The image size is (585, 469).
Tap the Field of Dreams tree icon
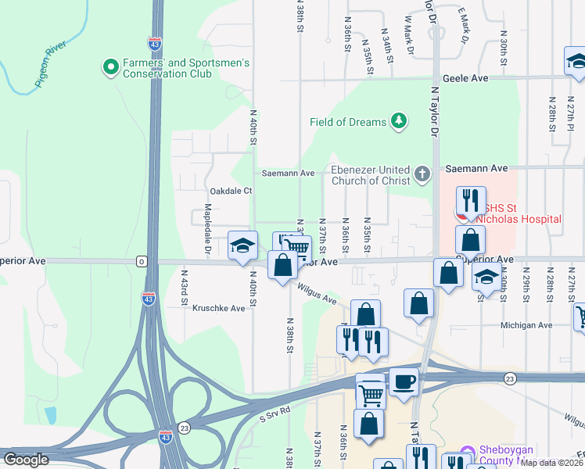(400, 121)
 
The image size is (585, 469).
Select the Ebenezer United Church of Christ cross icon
(422, 174)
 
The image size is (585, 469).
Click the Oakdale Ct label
(231, 192)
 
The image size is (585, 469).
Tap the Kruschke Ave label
(219, 308)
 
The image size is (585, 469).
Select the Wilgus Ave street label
(317, 295)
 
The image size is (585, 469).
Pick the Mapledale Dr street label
(208, 229)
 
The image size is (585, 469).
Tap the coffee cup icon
(404, 381)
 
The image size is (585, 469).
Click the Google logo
(26, 460)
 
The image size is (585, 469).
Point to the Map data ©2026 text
(552, 463)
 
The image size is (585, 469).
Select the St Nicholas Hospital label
(522, 213)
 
